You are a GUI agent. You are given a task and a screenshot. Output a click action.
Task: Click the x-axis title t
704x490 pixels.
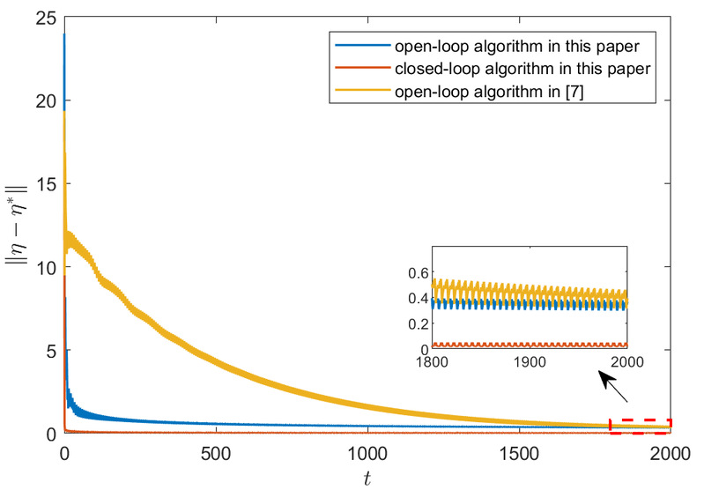click(366, 478)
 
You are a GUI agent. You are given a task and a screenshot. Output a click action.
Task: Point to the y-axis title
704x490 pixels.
click(18, 225)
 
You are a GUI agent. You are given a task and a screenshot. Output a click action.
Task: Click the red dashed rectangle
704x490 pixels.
click(640, 427)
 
